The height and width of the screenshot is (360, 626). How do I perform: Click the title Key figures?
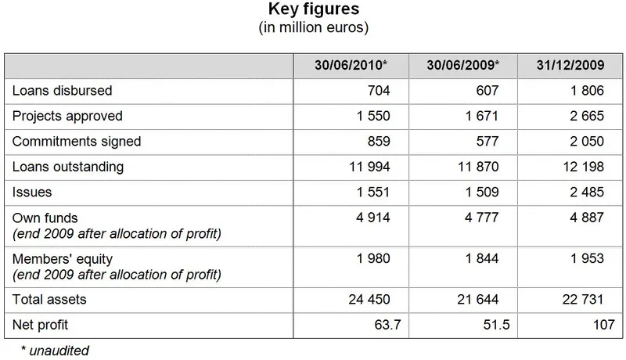click(x=313, y=10)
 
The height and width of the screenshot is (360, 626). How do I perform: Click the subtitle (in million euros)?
click(x=313, y=28)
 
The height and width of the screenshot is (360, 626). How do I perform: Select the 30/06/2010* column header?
click(x=351, y=65)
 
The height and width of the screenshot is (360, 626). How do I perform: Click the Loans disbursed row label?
click(x=62, y=91)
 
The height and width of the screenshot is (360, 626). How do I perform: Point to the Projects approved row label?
click(x=67, y=116)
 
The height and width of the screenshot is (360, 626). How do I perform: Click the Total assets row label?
click(x=49, y=299)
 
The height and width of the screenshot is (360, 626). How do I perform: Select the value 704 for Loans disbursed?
click(x=378, y=91)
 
